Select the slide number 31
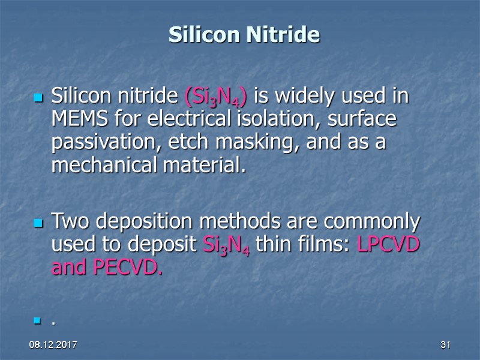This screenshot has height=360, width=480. coord(445,346)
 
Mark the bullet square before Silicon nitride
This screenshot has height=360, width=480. coord(38,97)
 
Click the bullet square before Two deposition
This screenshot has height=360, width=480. coord(38,223)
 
